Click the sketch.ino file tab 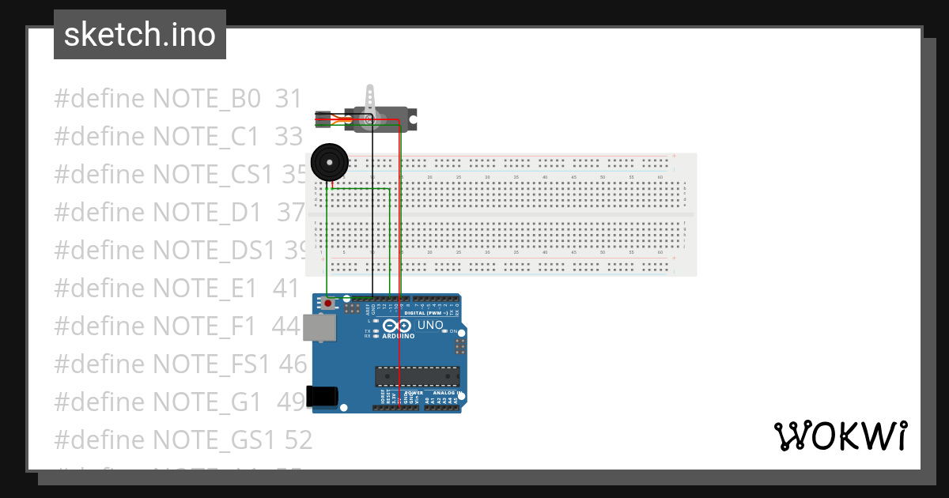click(139, 35)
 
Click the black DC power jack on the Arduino click(324, 396)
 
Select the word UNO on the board click(430, 325)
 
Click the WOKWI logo click(840, 436)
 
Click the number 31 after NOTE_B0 click(289, 99)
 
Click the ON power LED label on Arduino click(456, 330)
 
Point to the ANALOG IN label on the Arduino click(448, 393)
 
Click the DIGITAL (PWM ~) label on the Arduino click(427, 313)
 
